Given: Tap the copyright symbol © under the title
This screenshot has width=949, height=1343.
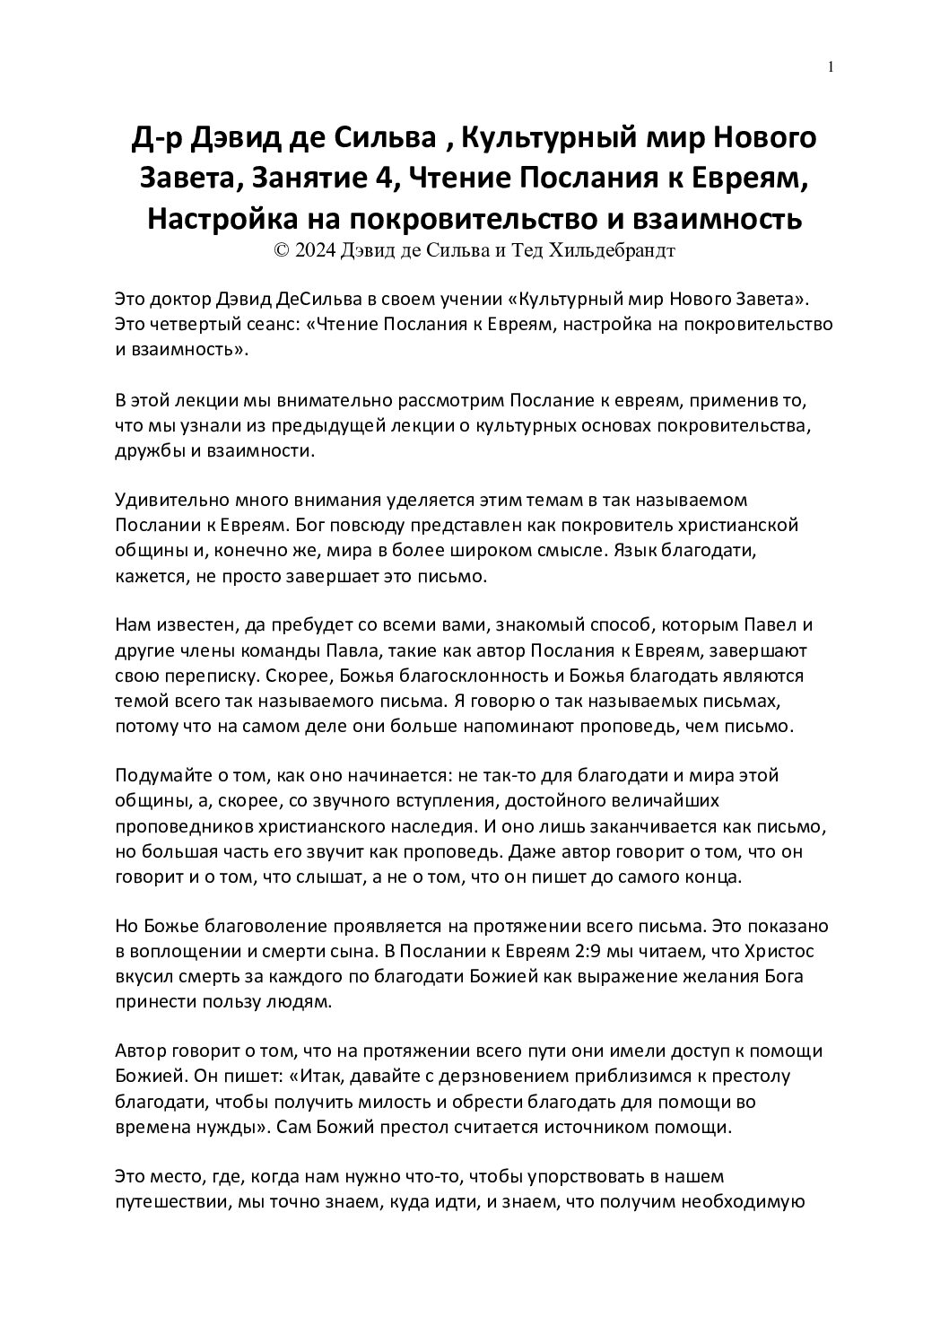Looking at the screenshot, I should (x=282, y=250).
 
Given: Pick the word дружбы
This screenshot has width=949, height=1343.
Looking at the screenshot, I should (x=149, y=450).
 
